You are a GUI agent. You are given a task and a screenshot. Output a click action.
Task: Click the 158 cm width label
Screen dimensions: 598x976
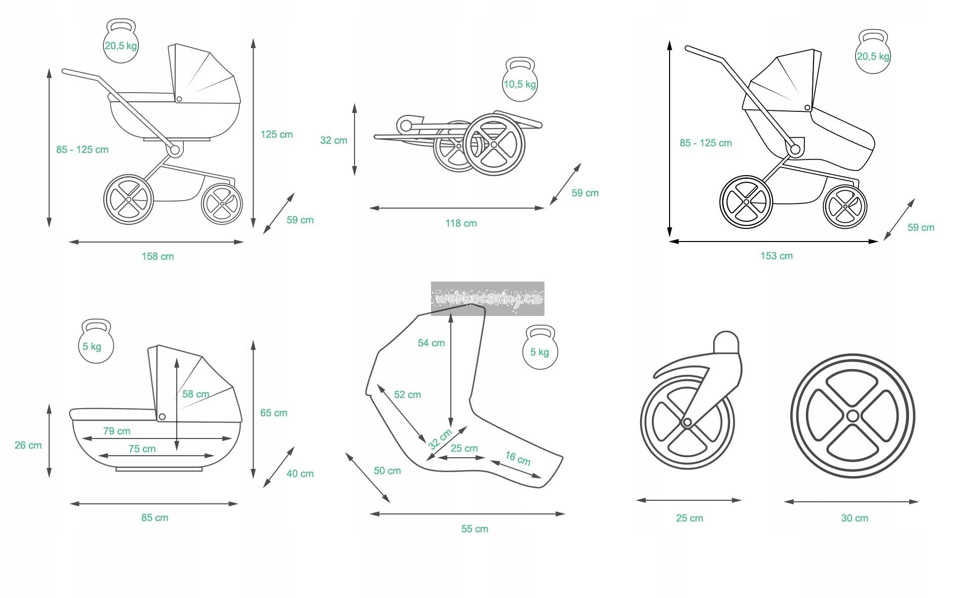coord(158,256)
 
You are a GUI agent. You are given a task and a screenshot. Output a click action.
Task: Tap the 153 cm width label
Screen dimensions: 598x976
coord(776,256)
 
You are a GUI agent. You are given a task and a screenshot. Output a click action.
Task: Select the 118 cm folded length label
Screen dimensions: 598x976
coord(461,223)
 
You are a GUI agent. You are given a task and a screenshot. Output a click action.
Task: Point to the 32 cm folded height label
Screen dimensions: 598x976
coord(333,140)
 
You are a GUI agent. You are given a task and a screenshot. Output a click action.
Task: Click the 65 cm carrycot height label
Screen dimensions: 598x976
coord(274,413)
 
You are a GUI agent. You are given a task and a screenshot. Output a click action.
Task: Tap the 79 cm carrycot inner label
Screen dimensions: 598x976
coord(116,431)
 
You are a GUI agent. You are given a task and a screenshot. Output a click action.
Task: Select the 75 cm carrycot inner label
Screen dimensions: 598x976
coord(142,449)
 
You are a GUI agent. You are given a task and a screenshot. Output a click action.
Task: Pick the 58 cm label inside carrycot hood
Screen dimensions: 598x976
coord(196,394)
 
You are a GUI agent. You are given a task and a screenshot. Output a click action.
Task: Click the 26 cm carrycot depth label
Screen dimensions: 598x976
coord(28,445)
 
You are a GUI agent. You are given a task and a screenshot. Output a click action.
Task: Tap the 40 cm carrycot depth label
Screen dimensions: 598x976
coord(300,473)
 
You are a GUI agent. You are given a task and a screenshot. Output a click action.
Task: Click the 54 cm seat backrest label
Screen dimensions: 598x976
coord(431,343)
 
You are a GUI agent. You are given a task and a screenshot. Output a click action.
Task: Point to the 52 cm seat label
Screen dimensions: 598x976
coord(407,394)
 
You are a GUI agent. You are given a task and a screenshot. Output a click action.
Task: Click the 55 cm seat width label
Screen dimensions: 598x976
coord(475,529)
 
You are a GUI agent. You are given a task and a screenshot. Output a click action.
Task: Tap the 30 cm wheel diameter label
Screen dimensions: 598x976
coord(854,518)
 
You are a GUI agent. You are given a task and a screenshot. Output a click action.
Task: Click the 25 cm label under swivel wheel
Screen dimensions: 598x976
coord(689,518)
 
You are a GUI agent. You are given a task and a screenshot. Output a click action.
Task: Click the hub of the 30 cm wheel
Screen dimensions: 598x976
coord(852,416)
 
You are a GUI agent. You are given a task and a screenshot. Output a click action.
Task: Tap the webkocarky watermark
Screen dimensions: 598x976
coord(487,299)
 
